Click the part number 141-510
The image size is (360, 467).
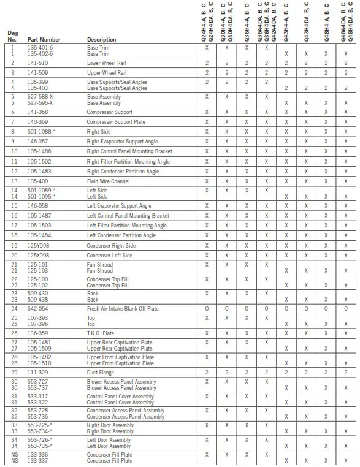pyautogui.click(x=38, y=63)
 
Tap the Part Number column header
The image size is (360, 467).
pyautogui.click(x=44, y=40)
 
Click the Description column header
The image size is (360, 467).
pyautogui.click(x=101, y=40)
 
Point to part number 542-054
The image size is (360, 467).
pyautogui.click(x=38, y=309)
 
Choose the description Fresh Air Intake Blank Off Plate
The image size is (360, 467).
pyautogui.click(x=123, y=309)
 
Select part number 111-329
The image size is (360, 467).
pyautogui.click(x=38, y=373)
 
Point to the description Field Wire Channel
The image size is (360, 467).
pyautogui.click(x=109, y=181)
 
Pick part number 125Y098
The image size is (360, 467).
pyautogui.click(x=39, y=245)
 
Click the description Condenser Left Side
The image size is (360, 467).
pyautogui.click(x=109, y=255)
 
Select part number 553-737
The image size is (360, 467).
pyautogui.click(x=38, y=388)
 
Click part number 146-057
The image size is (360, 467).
pyautogui.click(x=38, y=142)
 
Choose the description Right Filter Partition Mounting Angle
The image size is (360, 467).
pyautogui.click(x=128, y=162)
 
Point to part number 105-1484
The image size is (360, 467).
pyautogui.click(x=40, y=235)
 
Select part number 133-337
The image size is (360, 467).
pyautogui.click(x=38, y=460)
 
